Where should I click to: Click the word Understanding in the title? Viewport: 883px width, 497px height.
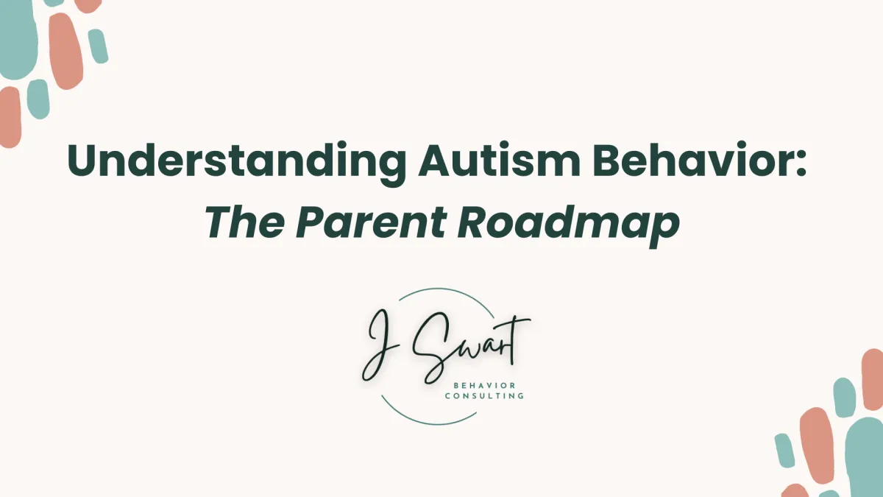pyautogui.click(x=236, y=163)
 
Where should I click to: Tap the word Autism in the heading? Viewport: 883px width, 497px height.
pyautogui.click(x=499, y=160)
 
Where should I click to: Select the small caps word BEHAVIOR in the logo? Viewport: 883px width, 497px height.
pyautogui.click(x=484, y=385)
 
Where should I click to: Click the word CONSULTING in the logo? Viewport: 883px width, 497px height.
pyautogui.click(x=484, y=395)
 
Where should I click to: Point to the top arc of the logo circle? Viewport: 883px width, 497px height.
pyautogui.click(x=444, y=290)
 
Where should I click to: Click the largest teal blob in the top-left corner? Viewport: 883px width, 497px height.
pyautogui.click(x=18, y=38)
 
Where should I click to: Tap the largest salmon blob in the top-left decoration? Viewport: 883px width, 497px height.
pyautogui.click(x=65, y=51)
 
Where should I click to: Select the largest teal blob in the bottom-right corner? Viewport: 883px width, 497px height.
pyautogui.click(x=865, y=457)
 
